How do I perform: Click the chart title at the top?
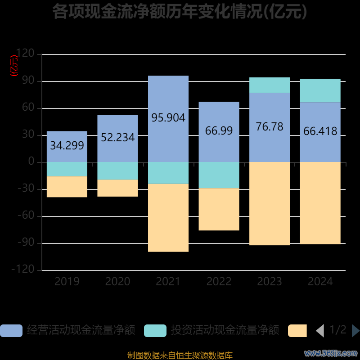180,12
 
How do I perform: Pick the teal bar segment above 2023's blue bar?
270,85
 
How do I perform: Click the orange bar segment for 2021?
168,218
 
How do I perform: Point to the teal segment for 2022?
219,175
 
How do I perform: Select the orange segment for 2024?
320,203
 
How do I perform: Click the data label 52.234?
117,138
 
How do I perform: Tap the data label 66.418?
320,131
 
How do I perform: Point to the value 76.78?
270,127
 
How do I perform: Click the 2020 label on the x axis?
117,282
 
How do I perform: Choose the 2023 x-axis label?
270,282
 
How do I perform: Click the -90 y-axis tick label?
26,243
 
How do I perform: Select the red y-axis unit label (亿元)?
15,65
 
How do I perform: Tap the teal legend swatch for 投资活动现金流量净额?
155,331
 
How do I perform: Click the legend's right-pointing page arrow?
355,331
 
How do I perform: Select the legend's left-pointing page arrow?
320,331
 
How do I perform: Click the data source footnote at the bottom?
180,355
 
